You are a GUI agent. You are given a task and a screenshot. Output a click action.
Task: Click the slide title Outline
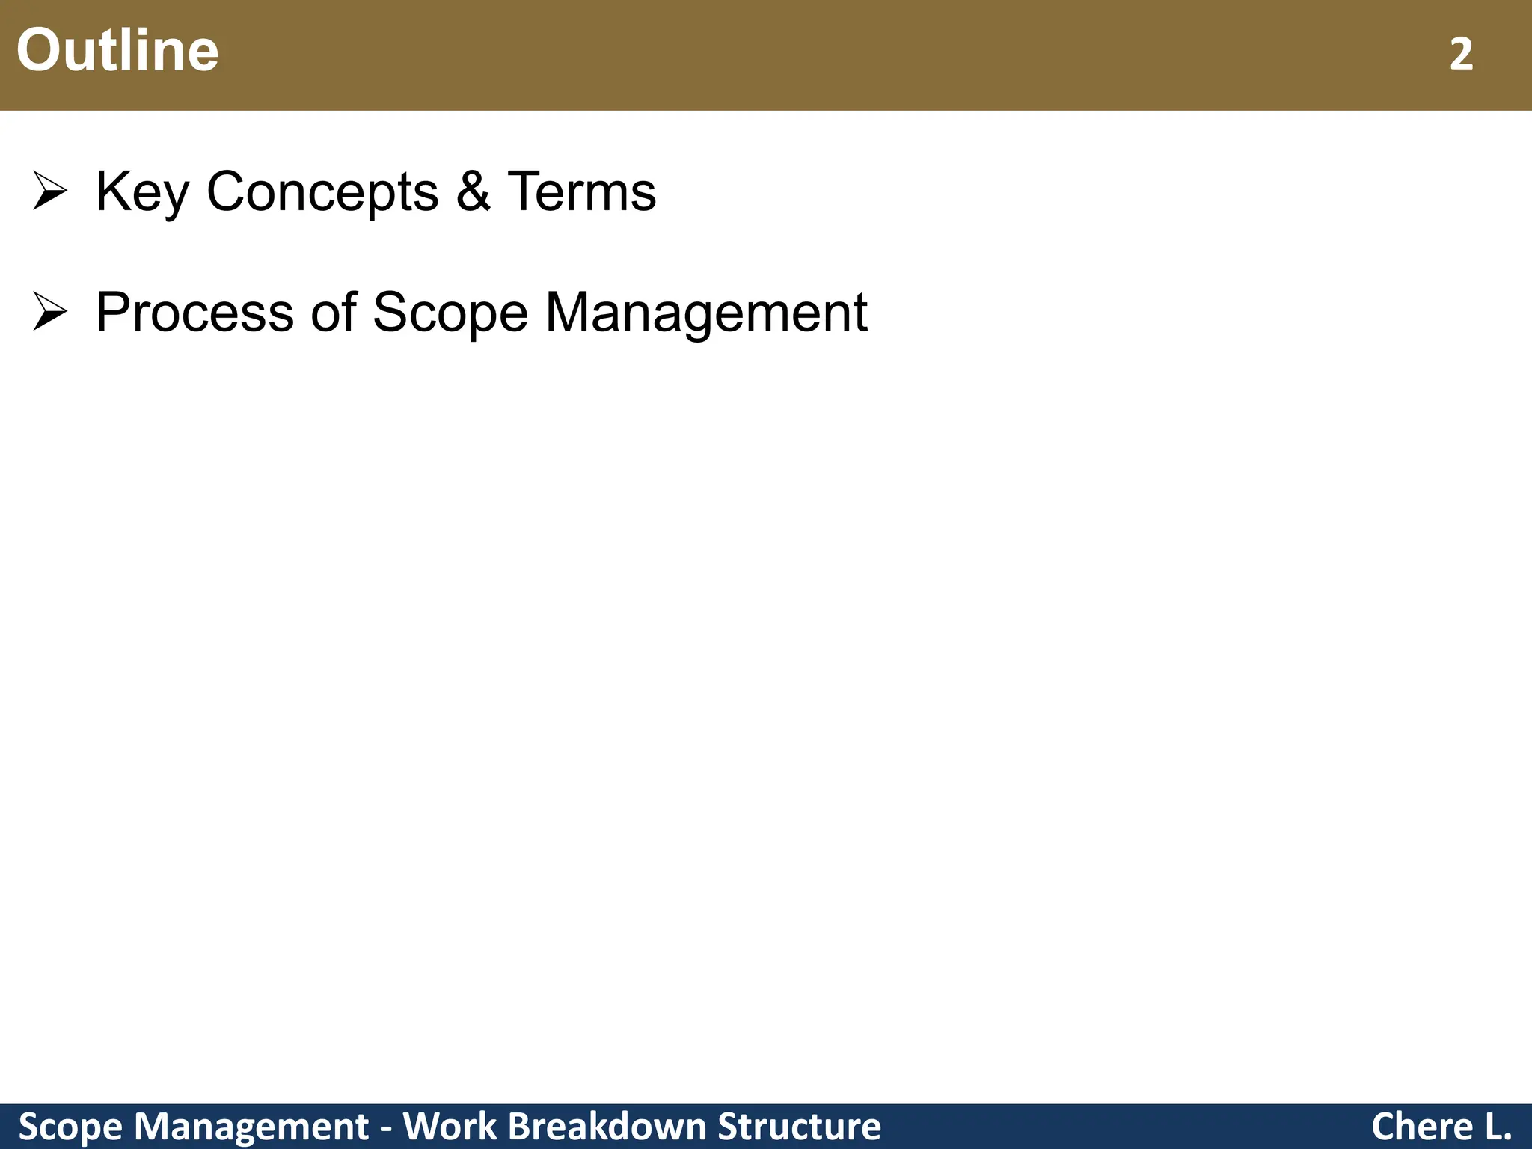point(117,50)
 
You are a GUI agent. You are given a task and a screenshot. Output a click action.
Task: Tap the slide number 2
point(1461,55)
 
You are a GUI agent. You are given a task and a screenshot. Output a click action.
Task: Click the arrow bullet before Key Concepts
point(50,191)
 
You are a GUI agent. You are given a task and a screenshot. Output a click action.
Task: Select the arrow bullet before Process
point(50,313)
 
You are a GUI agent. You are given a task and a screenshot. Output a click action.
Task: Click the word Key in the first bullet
point(141,192)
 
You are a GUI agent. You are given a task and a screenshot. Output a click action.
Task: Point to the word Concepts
point(322,192)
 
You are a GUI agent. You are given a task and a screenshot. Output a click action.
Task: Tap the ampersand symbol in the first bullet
point(473,191)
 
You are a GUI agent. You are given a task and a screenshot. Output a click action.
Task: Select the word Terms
point(581,191)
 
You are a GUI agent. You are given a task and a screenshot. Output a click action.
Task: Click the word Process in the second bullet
point(194,313)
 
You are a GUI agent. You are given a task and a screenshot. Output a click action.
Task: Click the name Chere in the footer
point(1421,1127)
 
